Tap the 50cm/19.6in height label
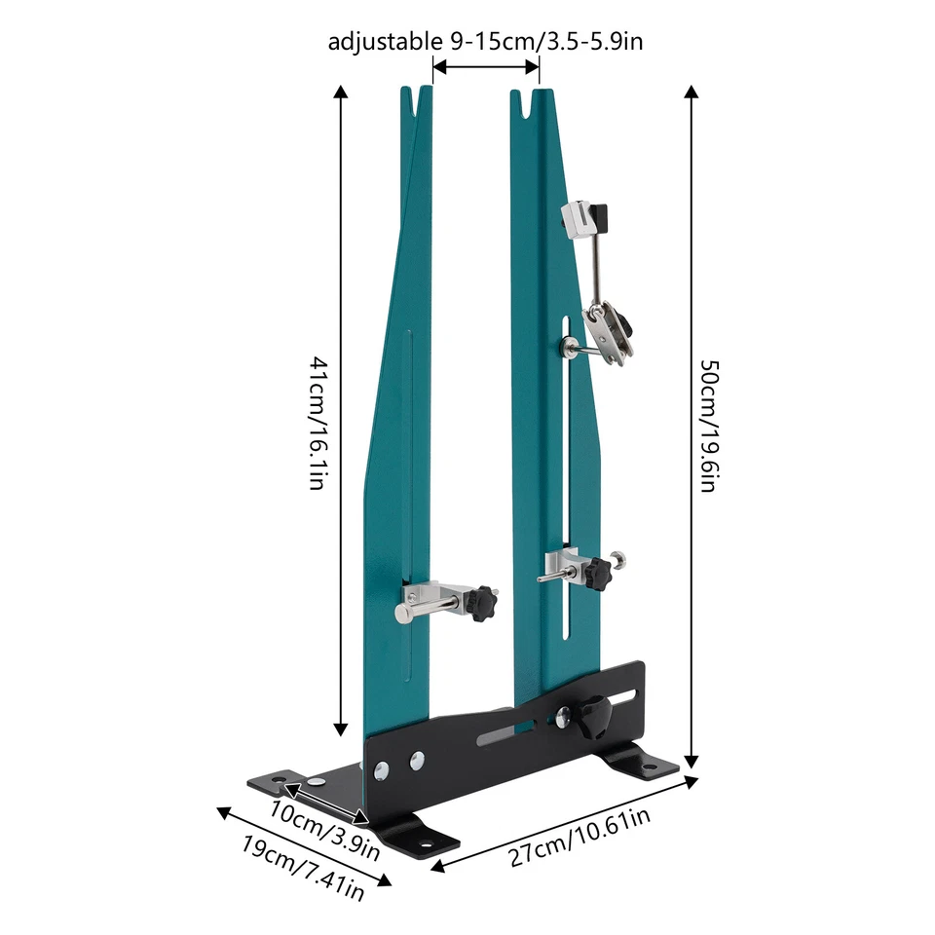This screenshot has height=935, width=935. pos(709,425)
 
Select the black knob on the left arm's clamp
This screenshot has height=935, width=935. pos(480,606)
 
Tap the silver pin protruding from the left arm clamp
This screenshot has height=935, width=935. pos(405,612)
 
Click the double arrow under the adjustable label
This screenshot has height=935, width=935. pos(486,67)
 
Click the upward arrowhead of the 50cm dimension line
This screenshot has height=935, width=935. pos(692,93)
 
